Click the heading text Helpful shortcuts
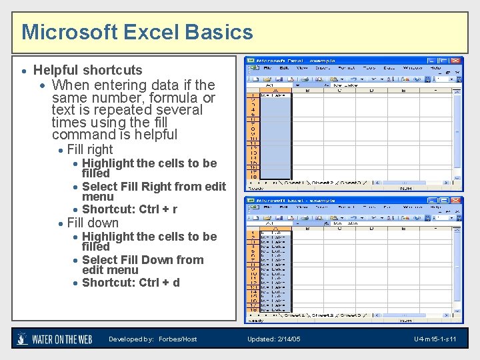click(87, 70)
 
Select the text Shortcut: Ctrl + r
click(129, 209)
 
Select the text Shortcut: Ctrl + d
click(131, 283)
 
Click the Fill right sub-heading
click(90, 150)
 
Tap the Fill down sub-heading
click(93, 223)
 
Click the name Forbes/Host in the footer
click(177, 339)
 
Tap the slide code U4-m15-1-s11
click(435, 339)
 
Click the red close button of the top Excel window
click(456, 61)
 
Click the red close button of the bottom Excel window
click(456, 201)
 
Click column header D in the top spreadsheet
click(371, 89)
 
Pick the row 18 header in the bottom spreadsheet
click(253, 309)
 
